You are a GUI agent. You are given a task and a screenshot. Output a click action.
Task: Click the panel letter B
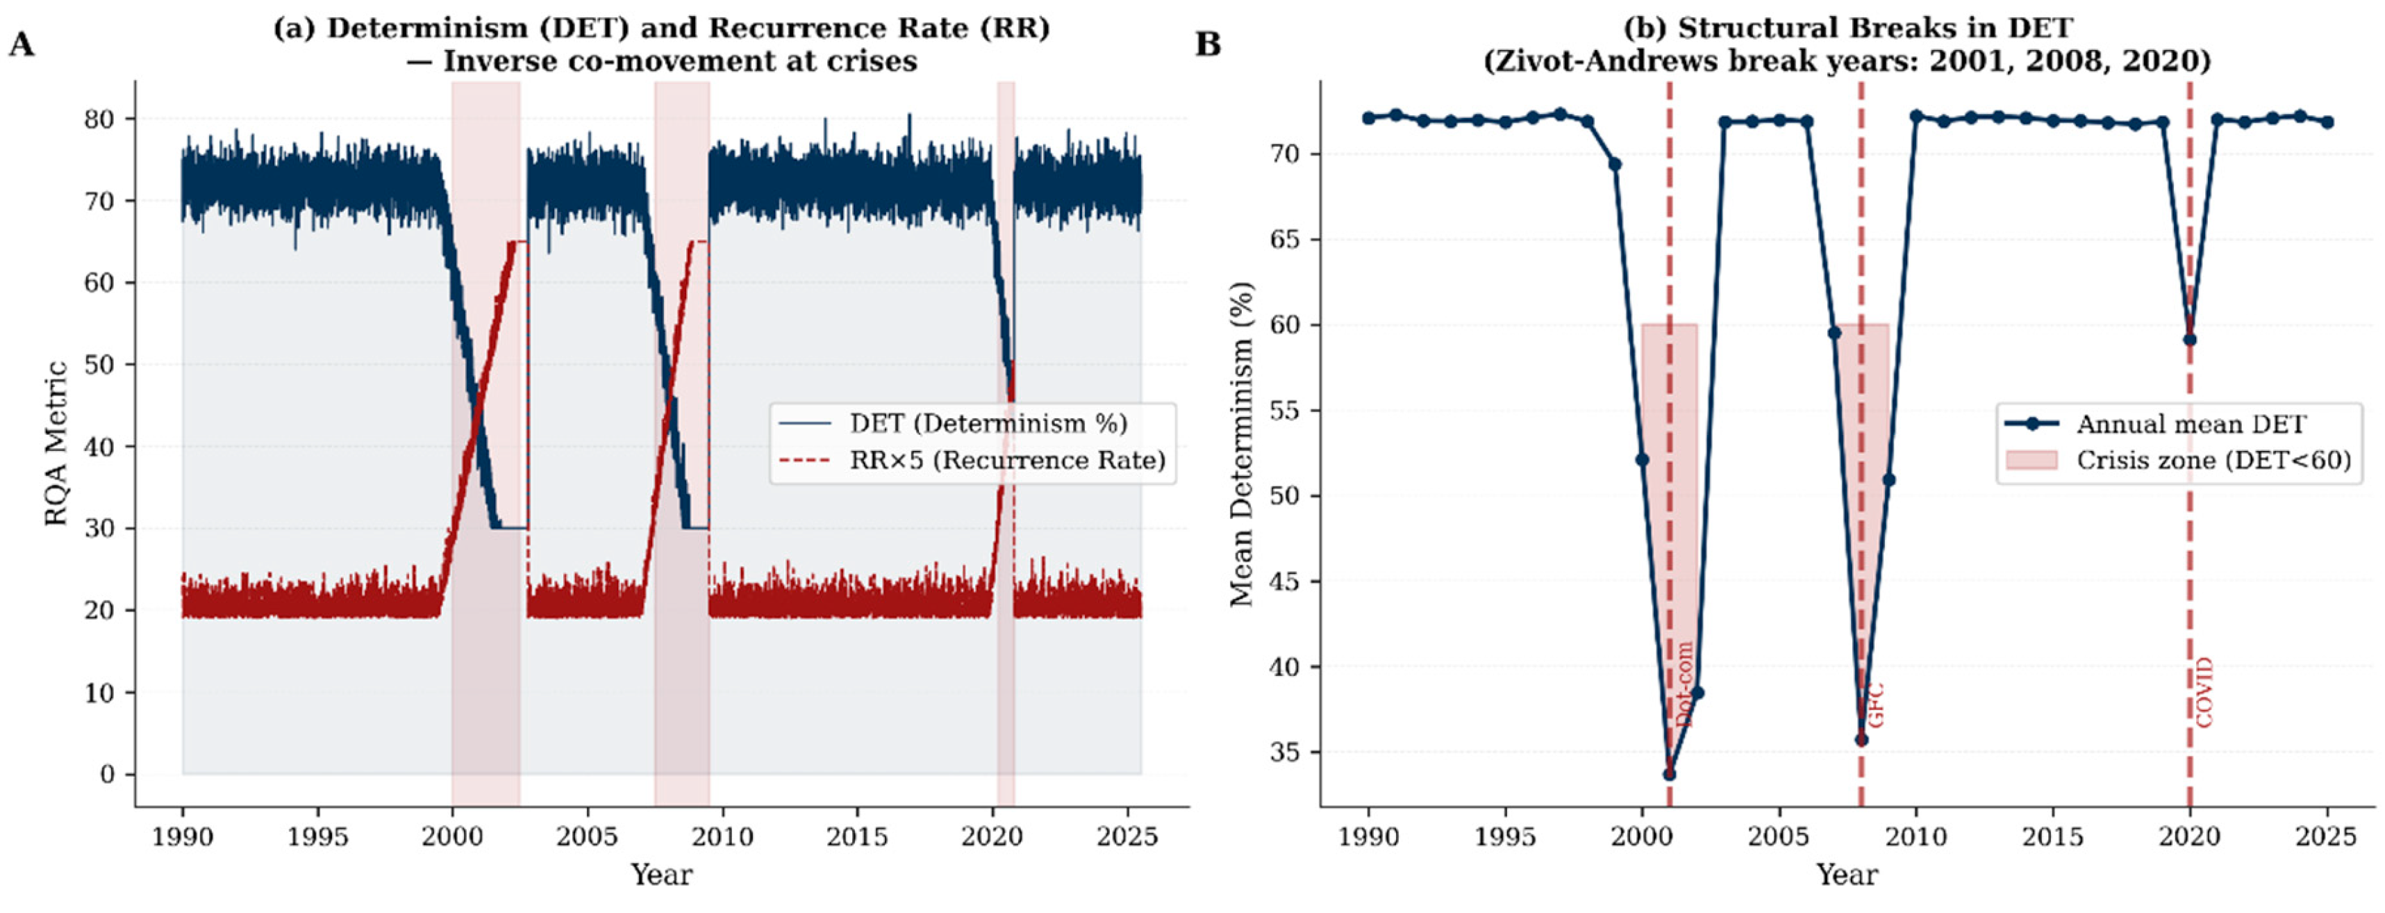1208,44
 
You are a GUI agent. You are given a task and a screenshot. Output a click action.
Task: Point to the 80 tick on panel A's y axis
99,120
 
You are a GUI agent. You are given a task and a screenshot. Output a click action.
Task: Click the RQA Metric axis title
56,443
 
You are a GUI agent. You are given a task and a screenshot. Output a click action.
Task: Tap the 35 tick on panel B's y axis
1285,752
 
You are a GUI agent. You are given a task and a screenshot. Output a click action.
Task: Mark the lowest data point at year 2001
1670,774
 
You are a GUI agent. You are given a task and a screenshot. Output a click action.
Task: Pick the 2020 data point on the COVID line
2190,339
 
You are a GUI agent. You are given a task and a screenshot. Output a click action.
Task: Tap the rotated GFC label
1876,705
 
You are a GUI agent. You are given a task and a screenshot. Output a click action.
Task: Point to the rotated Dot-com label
1684,684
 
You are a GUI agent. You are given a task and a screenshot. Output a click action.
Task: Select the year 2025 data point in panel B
2327,122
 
